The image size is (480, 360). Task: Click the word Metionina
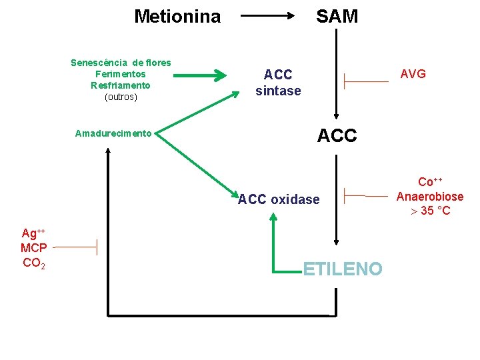pos(177,16)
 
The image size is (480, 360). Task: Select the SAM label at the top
pos(337,16)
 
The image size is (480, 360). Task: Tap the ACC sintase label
pos(278,83)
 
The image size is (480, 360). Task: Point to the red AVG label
pos(413,74)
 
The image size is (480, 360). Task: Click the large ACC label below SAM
pos(337,136)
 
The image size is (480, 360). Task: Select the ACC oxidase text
pos(279,199)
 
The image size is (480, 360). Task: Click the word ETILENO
pos(343,269)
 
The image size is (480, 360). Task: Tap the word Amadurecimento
pos(113,133)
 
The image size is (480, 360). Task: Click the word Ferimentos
pos(121,74)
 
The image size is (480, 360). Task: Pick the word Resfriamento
pos(121,85)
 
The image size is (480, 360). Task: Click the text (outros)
pos(121,97)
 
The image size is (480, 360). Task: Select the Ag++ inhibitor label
pos(33,233)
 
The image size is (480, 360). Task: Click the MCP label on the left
pos(33,248)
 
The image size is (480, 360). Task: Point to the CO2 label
pos(33,263)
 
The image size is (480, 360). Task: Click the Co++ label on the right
pos(430,183)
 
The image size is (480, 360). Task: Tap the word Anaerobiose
pos(430,197)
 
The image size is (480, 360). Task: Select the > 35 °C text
pos(430,211)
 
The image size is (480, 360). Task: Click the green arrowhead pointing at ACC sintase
pos(220,76)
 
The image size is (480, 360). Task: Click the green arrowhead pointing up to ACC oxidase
pos(274,217)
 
